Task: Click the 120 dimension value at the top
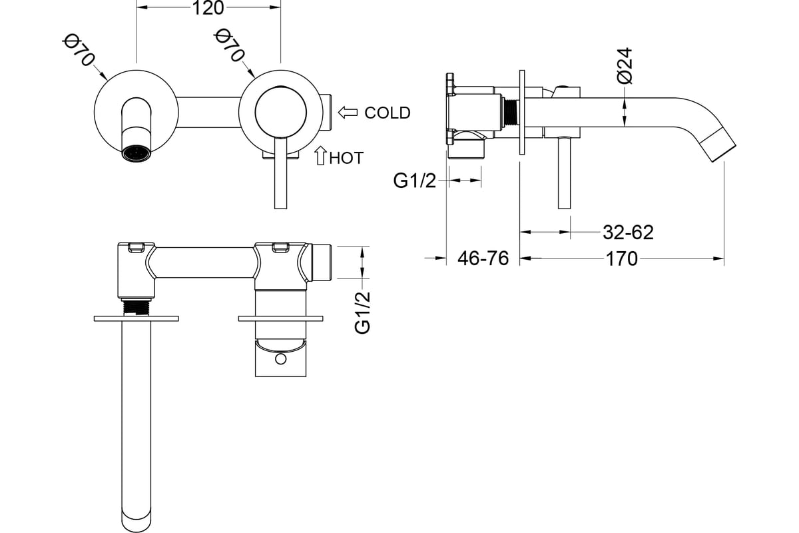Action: click(x=208, y=8)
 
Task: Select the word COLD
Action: click(x=388, y=113)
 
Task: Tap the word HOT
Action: click(x=346, y=158)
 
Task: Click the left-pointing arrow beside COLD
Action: click(x=348, y=112)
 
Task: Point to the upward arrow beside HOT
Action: click(x=321, y=156)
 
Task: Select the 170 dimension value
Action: click(x=622, y=259)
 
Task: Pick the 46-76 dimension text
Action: click(x=483, y=258)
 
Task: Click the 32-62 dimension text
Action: click(x=628, y=232)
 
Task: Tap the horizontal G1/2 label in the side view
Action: click(x=414, y=181)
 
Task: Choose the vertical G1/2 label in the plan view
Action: click(x=363, y=312)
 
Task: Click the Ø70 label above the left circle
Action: click(x=79, y=50)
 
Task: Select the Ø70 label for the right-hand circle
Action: click(x=229, y=45)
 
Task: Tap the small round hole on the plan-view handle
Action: click(x=281, y=359)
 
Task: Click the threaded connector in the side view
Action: click(x=510, y=113)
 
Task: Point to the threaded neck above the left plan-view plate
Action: click(x=136, y=307)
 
